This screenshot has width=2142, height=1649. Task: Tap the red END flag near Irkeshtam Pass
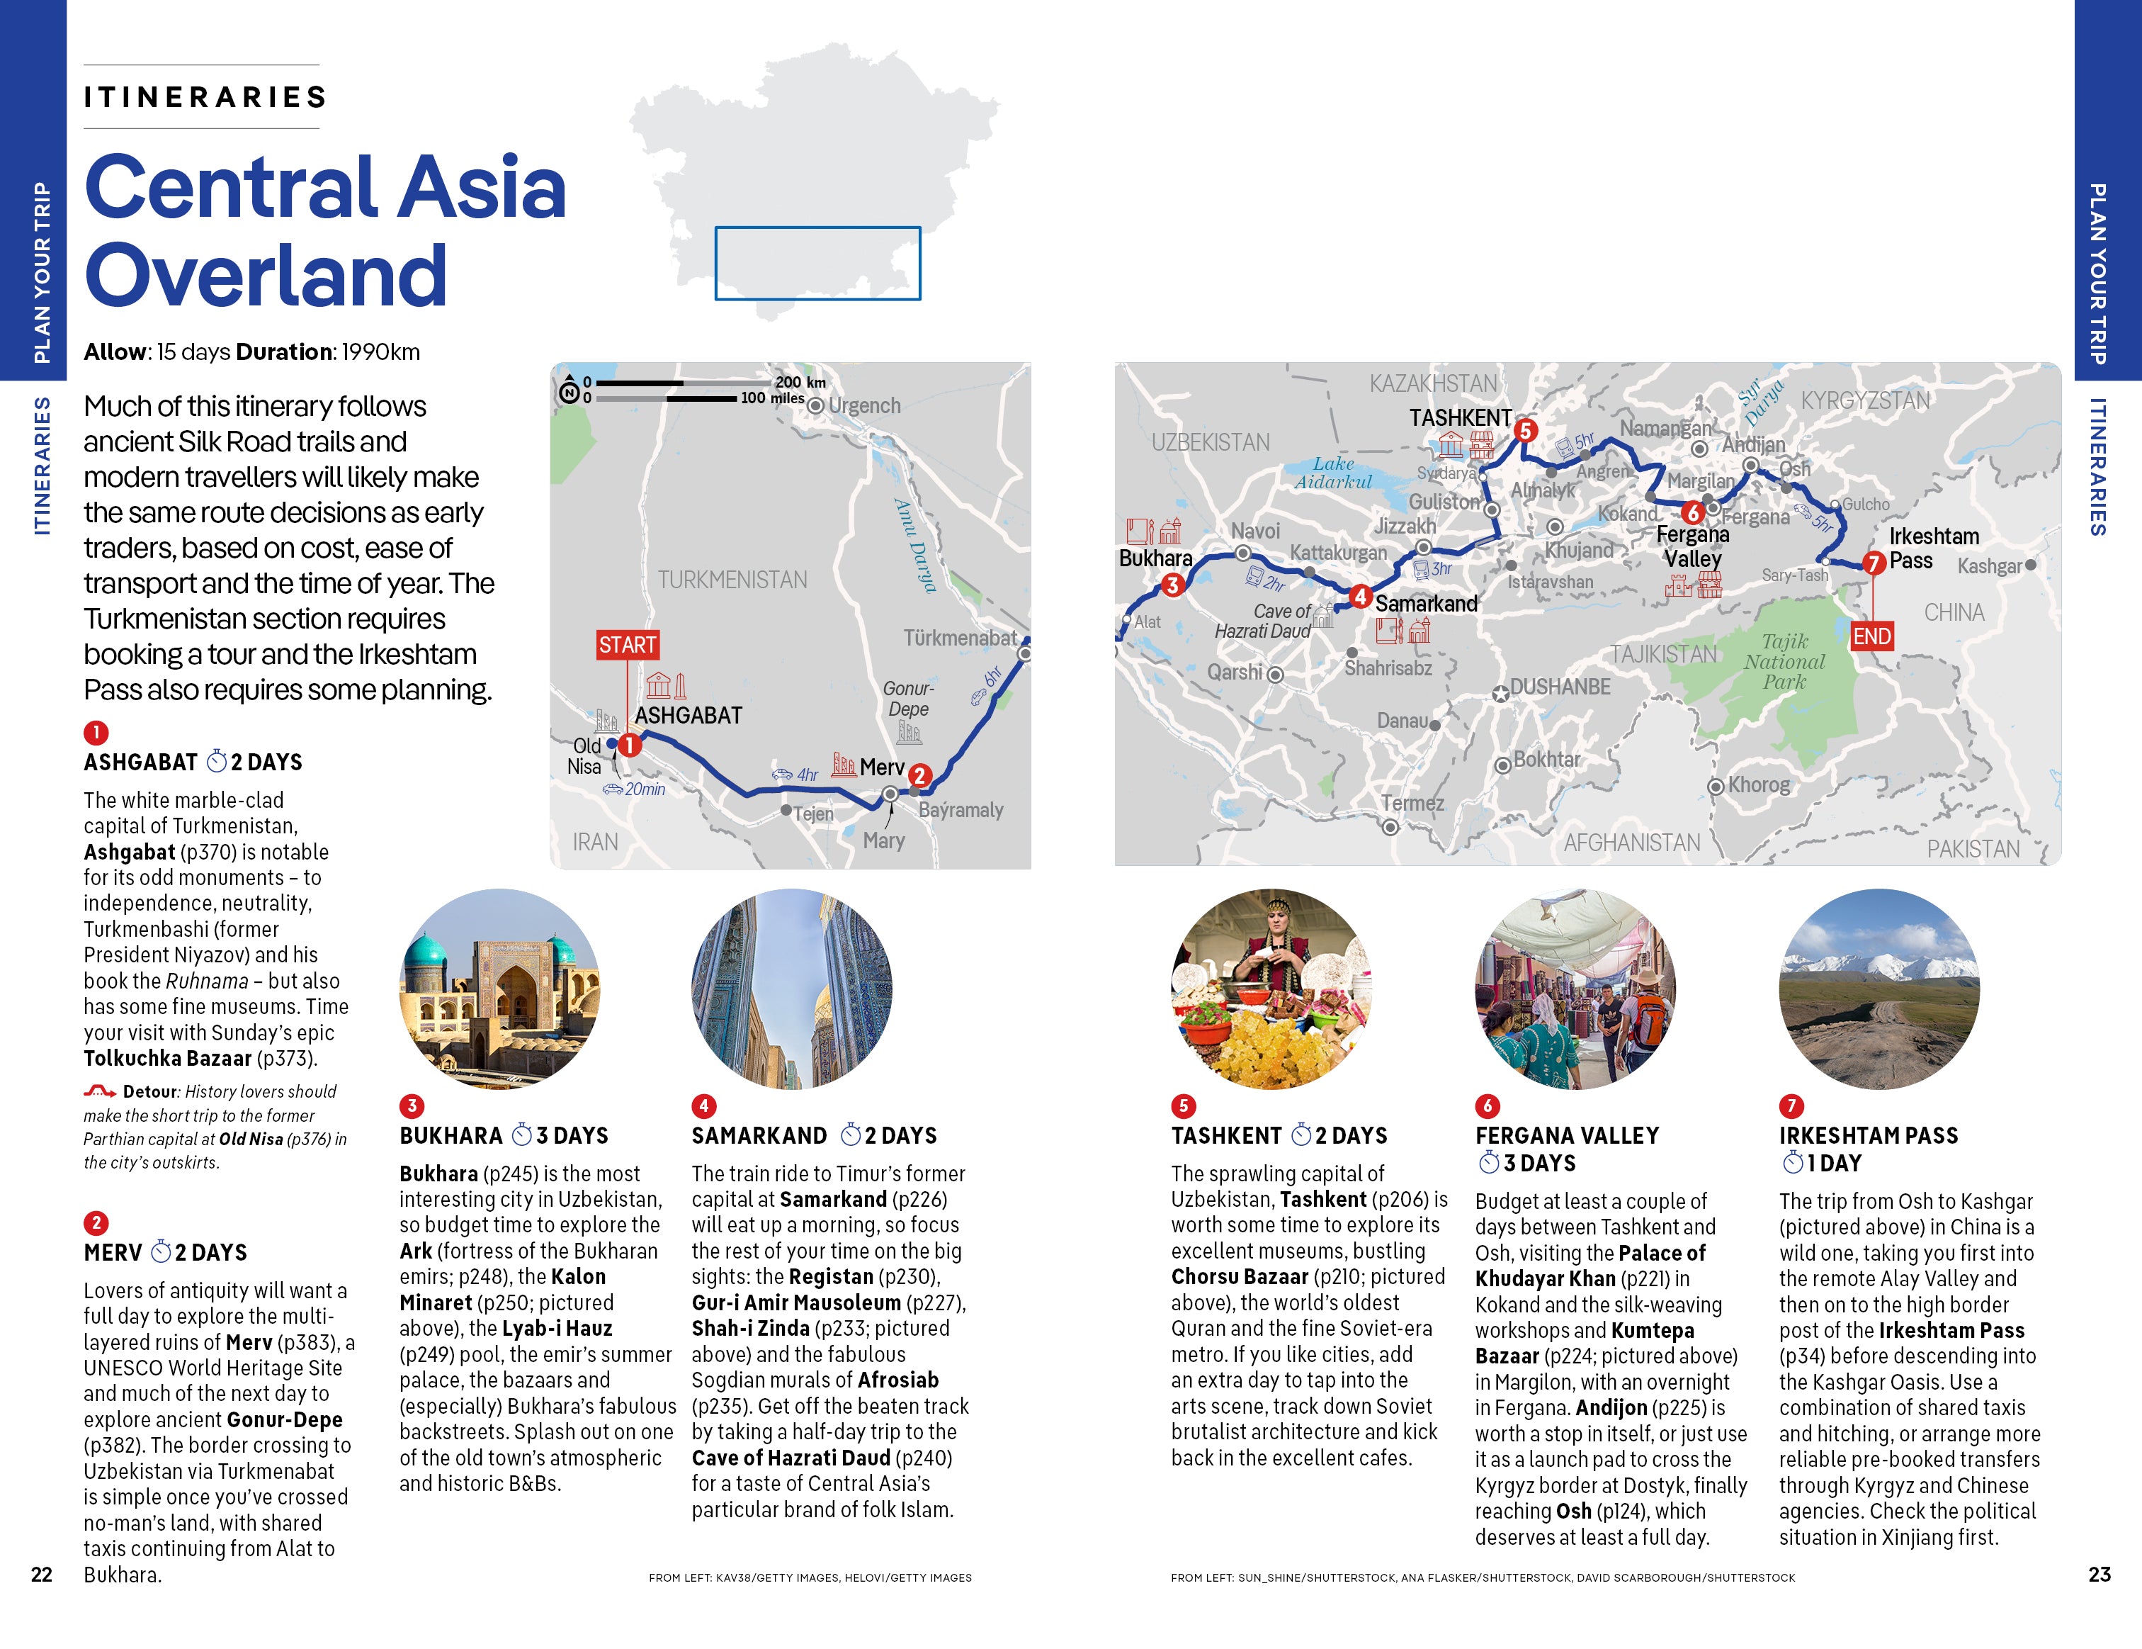[1870, 636]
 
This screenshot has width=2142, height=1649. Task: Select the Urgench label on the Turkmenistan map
[863, 405]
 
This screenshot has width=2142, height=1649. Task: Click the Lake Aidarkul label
[1333, 472]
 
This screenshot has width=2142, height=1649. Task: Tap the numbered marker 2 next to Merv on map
[919, 775]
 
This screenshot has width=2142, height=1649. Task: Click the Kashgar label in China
[1988, 566]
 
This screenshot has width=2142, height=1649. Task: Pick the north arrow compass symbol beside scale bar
[569, 391]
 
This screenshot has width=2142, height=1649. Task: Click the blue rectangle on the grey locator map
[817, 263]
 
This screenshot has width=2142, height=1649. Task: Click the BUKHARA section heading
[450, 1135]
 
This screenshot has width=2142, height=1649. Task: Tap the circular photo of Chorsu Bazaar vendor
[1270, 988]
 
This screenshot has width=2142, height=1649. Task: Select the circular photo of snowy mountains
[1878, 988]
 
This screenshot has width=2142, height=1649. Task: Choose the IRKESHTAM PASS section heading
[1867, 1135]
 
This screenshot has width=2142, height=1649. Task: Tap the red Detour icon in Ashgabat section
[99, 1091]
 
